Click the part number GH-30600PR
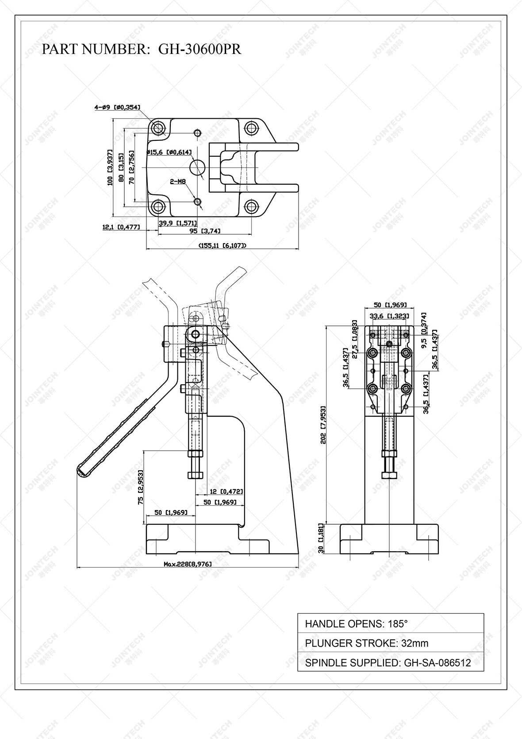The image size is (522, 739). tap(200, 49)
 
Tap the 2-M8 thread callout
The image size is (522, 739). tap(178, 182)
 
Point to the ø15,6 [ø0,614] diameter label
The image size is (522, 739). tap(169, 152)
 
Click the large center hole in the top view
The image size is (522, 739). tap(197, 167)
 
